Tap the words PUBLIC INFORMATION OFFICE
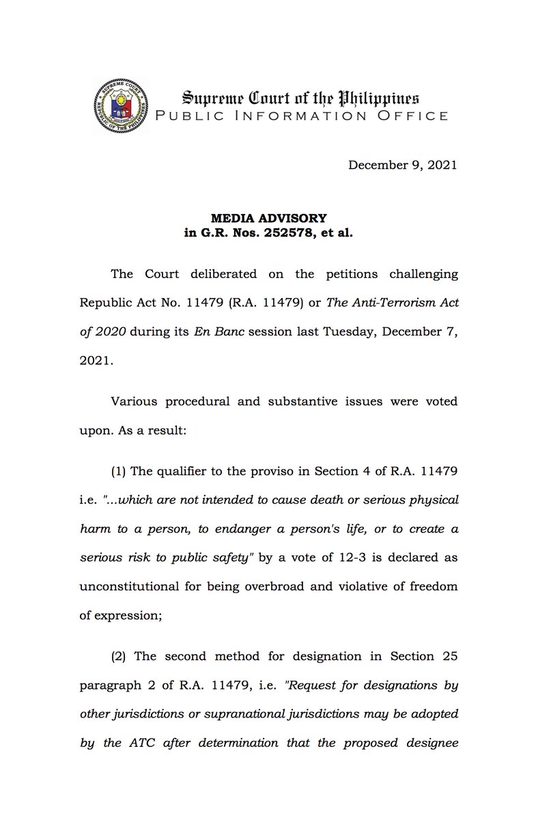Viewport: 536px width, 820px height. [302, 115]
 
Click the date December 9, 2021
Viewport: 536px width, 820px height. [403, 165]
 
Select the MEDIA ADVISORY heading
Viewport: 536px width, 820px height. [268, 218]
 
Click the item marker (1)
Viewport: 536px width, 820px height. [119, 471]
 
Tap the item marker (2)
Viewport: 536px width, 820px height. [119, 656]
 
